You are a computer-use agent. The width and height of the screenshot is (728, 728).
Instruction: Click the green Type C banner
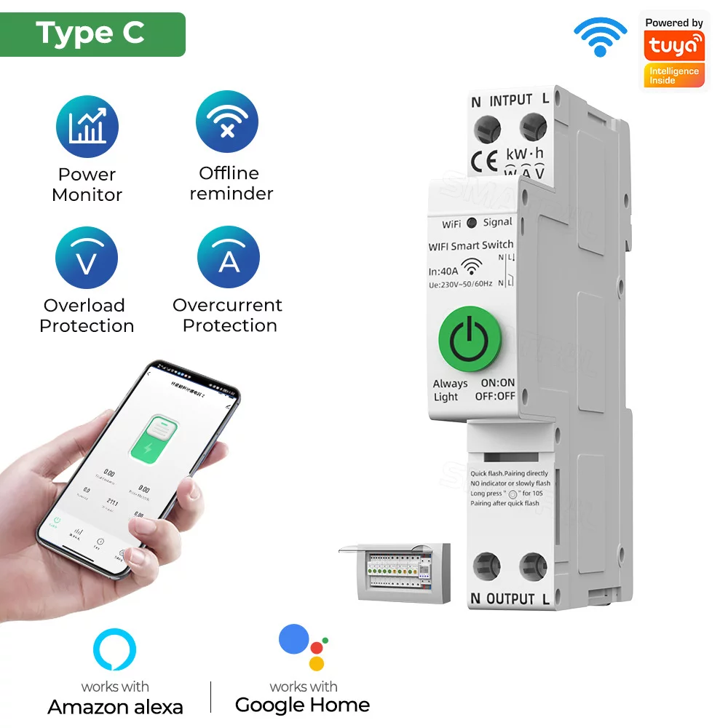(x=92, y=33)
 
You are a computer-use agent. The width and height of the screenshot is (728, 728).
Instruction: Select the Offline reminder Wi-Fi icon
(x=227, y=122)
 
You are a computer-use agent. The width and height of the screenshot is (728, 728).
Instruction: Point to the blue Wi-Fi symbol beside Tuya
(x=600, y=36)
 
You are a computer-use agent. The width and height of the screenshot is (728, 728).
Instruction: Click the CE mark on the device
(x=484, y=159)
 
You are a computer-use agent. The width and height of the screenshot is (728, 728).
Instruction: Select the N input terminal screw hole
(x=487, y=130)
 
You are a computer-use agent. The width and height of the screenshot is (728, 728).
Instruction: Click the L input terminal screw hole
(x=534, y=130)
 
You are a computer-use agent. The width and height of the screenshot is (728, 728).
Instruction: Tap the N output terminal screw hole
(x=487, y=566)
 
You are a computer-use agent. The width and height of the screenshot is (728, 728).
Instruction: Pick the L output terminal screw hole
(x=534, y=566)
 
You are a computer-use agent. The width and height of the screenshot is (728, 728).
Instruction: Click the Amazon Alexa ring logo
(x=115, y=651)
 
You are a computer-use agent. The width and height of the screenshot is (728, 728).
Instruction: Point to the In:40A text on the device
(x=443, y=271)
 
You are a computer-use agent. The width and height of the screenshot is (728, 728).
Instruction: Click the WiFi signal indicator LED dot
(x=472, y=223)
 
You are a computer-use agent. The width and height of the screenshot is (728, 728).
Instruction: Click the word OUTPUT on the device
(x=510, y=599)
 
